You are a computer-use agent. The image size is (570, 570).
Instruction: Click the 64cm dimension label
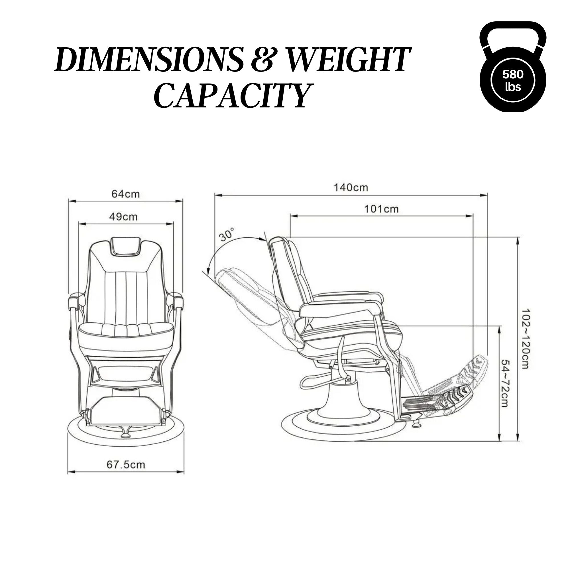125,194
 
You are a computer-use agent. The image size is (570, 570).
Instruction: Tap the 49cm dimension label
123,217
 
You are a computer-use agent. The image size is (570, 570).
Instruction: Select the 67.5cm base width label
126,465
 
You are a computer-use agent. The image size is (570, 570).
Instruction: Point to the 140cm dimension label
351,188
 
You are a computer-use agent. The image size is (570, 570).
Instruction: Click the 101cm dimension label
381,209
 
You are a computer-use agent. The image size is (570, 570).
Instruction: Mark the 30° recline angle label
227,235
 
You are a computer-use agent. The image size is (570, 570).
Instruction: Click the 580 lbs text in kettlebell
513,80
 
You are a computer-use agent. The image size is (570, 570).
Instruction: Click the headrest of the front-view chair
125,246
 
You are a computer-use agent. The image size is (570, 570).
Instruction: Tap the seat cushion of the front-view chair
125,330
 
